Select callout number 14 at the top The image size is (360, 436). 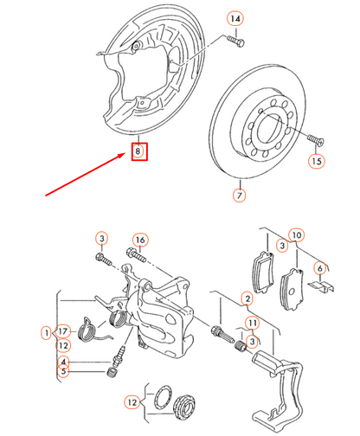click(x=235, y=18)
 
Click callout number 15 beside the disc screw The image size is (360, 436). click(x=316, y=161)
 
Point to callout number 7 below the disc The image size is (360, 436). click(x=238, y=196)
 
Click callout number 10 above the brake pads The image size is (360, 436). click(x=296, y=235)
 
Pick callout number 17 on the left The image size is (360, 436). click(x=64, y=331)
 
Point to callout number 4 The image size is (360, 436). click(x=63, y=362)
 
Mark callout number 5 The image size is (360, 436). click(x=63, y=373)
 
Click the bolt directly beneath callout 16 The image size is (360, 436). click(x=136, y=255)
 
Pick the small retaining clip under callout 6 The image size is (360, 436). click(x=319, y=287)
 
